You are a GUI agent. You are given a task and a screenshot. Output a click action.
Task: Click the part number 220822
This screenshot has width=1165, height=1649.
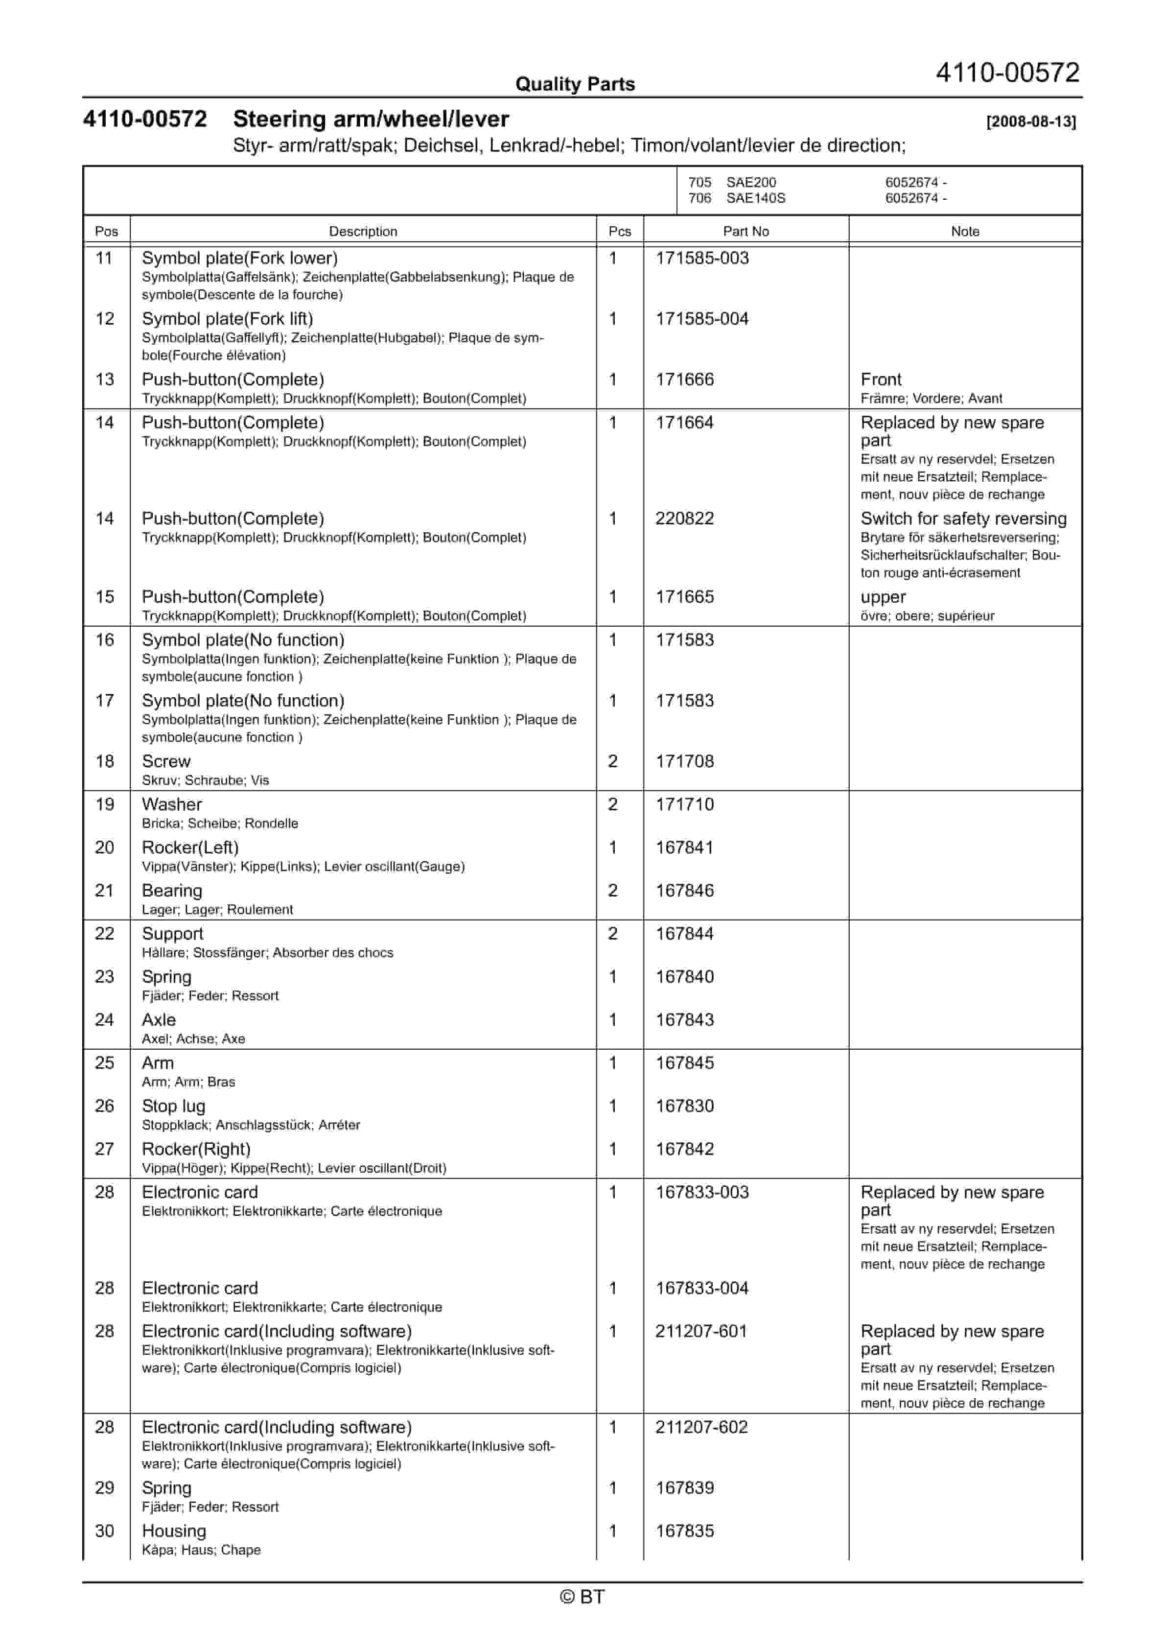tap(684, 518)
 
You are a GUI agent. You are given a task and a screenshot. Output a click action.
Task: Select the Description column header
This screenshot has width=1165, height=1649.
tap(363, 231)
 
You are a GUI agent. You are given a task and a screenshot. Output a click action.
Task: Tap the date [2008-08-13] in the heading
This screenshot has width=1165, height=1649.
tap(1031, 121)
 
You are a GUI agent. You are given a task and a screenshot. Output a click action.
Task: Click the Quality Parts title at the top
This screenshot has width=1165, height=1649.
tap(575, 84)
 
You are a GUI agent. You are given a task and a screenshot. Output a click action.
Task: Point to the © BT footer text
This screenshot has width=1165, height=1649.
tap(582, 1597)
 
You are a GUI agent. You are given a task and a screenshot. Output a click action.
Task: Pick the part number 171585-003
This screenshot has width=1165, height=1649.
tap(702, 258)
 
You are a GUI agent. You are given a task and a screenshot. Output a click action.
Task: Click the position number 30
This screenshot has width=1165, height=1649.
tap(105, 1531)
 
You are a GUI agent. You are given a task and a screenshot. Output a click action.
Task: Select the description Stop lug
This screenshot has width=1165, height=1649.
tap(173, 1106)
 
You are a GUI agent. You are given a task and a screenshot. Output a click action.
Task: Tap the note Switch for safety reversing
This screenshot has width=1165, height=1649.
tap(963, 518)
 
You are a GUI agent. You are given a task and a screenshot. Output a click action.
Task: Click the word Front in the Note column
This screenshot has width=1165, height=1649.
tap(881, 379)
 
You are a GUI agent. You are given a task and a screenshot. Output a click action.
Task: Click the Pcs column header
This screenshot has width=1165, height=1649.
tap(619, 231)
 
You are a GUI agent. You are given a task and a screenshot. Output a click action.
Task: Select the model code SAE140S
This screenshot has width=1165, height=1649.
tap(756, 198)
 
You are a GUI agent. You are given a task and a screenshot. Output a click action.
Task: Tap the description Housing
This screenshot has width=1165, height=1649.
tap(174, 1531)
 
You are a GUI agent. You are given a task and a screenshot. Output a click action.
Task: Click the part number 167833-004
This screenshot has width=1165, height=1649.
tap(702, 1288)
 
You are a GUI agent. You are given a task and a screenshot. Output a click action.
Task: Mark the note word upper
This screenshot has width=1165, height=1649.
tap(883, 597)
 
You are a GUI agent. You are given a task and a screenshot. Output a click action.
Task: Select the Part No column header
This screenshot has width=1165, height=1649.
tap(746, 231)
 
